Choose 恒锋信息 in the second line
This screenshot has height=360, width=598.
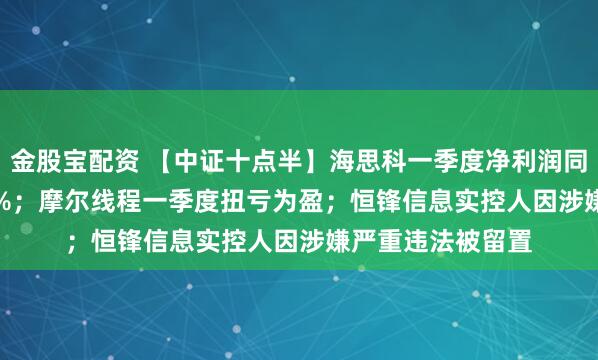pyautogui.click(x=397, y=199)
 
